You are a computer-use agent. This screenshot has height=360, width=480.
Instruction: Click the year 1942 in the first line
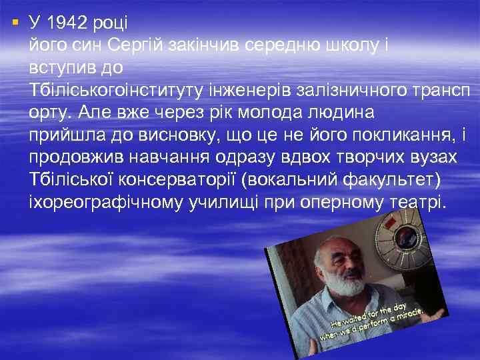coord(72,23)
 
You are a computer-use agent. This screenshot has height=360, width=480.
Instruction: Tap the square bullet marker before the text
coord(15,23)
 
